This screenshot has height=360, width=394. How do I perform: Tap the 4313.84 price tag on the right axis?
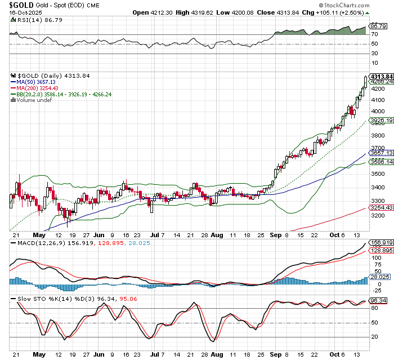379,76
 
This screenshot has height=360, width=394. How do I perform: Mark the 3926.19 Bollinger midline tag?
379,121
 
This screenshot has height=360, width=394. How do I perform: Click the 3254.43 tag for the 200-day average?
379,207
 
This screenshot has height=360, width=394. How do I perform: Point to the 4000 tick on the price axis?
376,111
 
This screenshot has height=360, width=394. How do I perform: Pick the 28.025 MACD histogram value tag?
379,277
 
